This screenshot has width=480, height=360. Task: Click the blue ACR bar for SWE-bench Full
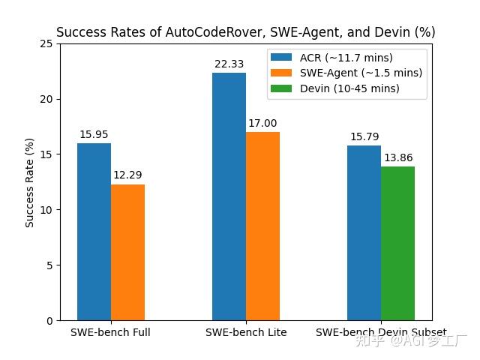click(x=94, y=232)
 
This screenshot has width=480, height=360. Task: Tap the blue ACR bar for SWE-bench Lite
click(x=229, y=196)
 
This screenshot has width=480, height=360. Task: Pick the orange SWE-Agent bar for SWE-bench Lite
click(x=262, y=226)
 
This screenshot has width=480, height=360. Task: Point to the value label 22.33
click(x=229, y=64)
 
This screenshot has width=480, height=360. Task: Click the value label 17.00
click(x=262, y=124)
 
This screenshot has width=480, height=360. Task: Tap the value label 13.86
click(x=398, y=158)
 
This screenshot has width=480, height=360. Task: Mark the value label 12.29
click(x=127, y=175)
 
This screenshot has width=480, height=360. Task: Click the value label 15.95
click(x=94, y=135)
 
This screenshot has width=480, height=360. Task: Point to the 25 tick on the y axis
click(x=47, y=43)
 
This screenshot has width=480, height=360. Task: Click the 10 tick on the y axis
click(x=47, y=210)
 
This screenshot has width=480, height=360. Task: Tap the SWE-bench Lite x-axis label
click(x=246, y=332)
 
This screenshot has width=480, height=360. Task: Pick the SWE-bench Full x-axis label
click(x=110, y=332)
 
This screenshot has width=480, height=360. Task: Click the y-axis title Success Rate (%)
click(x=30, y=182)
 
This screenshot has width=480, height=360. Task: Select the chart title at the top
click(x=245, y=32)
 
